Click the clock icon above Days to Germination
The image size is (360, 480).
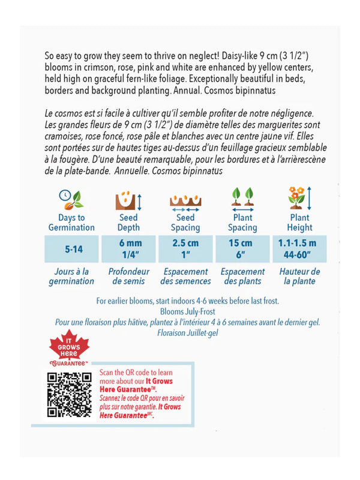71,198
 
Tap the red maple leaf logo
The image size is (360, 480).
68,352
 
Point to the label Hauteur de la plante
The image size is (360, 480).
299,276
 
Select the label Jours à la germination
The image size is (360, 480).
71,276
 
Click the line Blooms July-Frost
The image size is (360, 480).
186,311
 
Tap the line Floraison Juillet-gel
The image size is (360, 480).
186,332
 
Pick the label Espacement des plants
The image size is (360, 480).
242,276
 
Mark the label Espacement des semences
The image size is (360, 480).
186,276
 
